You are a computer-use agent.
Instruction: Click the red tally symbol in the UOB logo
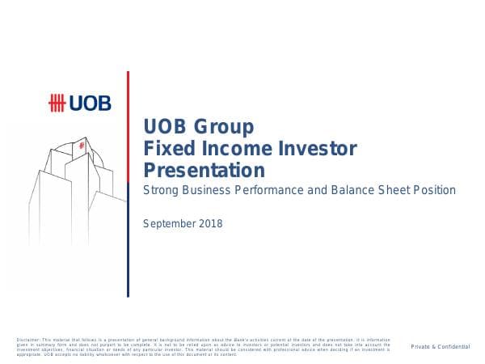pos(59,103)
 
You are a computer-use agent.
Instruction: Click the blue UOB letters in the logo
pos(91,103)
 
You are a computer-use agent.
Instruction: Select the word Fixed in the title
pos(164,149)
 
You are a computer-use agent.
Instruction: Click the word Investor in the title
pos(312,149)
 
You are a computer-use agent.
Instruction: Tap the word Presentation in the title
pos(203,171)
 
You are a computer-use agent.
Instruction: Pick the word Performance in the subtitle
pos(280,191)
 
